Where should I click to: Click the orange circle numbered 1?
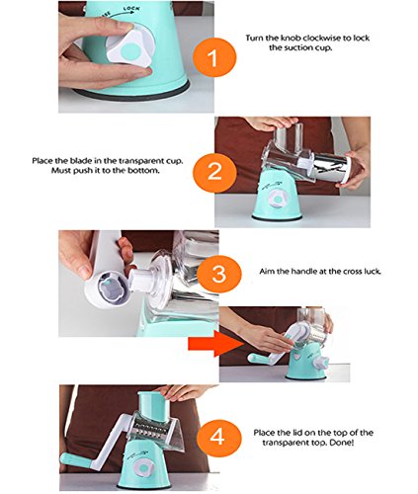[214, 57]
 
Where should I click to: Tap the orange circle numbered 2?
[214, 172]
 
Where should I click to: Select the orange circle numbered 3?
[218, 274]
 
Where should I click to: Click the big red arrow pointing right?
[215, 344]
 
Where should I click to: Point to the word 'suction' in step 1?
[295, 47]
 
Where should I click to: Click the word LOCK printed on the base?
[130, 10]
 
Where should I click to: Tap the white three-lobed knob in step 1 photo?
[128, 50]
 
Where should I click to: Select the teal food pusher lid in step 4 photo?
[152, 404]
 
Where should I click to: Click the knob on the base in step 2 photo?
[279, 200]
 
